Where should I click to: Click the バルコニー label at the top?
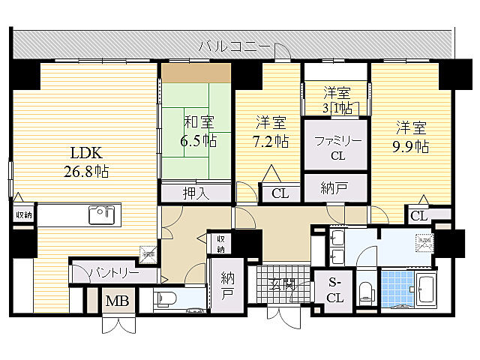[x=234, y=46]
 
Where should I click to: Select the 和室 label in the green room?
[x=197, y=121]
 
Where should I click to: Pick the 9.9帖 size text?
[x=412, y=147]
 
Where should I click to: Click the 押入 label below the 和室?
[x=196, y=193]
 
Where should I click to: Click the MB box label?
[x=115, y=302]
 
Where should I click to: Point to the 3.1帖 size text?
[x=337, y=109]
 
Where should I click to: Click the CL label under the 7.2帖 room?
[x=280, y=193]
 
